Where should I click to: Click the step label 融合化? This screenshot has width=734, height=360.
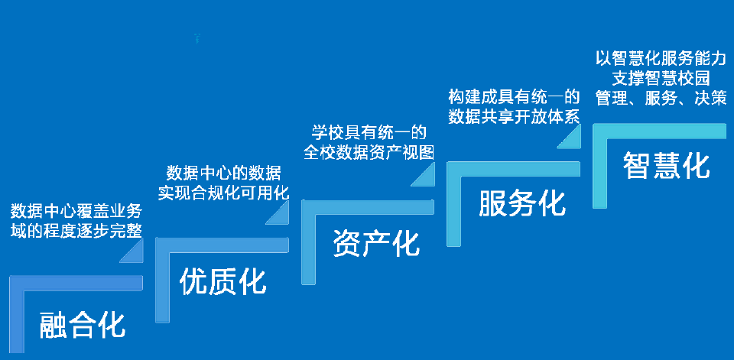(83, 324)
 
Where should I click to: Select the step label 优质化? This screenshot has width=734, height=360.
(222, 281)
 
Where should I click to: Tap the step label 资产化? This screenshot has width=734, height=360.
(376, 243)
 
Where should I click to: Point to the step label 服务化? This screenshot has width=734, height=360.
(522, 203)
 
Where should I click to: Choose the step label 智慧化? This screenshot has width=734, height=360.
(666, 165)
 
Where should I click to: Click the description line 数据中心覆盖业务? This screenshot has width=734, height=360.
(76, 212)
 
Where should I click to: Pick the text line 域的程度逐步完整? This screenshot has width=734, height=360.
(76, 231)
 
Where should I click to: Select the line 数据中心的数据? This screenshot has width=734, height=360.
(224, 174)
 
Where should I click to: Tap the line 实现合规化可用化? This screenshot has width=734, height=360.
(224, 193)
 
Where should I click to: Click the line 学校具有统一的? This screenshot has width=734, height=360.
(369, 133)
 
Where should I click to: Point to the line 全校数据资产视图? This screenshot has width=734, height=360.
(369, 152)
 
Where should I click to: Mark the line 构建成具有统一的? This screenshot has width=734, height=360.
(514, 97)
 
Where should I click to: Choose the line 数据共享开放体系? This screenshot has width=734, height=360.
(514, 116)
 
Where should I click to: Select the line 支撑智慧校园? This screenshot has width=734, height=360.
(661, 77)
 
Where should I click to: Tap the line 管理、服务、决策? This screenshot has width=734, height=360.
(661, 97)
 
